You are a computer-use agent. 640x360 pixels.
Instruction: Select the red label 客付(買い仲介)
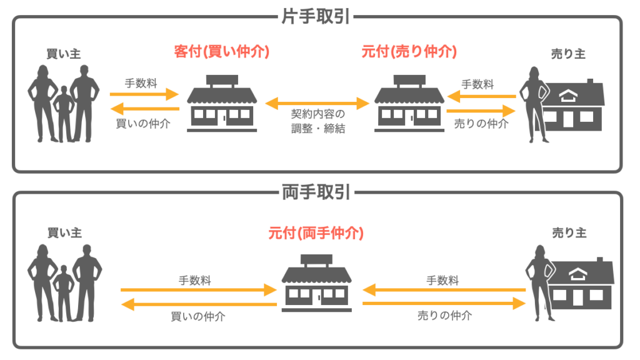click(222, 52)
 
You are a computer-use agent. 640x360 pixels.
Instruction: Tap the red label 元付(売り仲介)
click(409, 52)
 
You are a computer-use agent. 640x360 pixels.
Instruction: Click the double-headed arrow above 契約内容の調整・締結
click(316, 101)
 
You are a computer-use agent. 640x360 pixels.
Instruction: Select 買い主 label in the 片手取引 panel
click(64, 54)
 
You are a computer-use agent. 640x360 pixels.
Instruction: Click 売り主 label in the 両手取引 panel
click(569, 232)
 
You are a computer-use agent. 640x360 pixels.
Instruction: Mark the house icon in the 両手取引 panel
click(582, 285)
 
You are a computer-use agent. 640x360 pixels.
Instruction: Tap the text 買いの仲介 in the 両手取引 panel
click(198, 316)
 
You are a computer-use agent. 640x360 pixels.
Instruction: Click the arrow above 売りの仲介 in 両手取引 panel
click(444, 303)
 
